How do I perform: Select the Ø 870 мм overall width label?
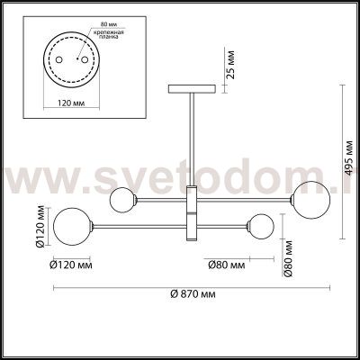pos(191,295)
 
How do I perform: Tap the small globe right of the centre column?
pos(262,226)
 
